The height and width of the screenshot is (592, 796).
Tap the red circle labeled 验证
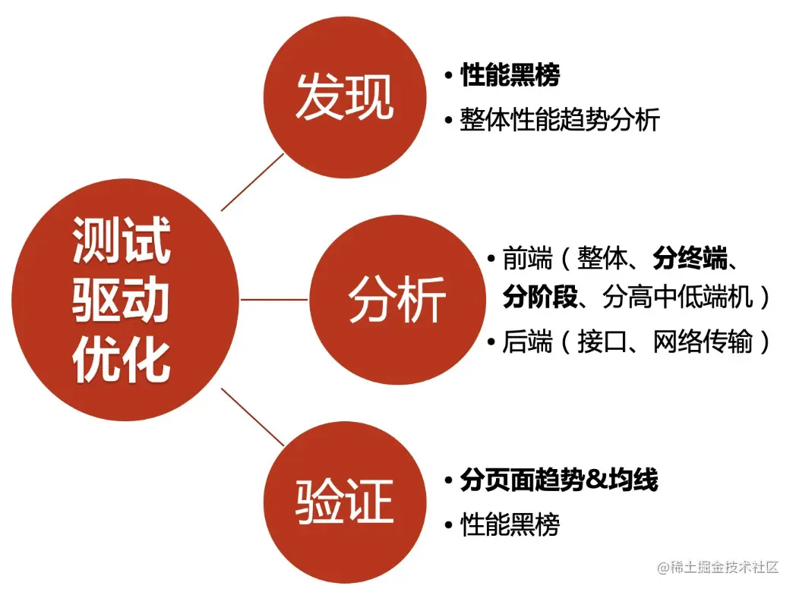point(343,501)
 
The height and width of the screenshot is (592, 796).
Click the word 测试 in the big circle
point(122,241)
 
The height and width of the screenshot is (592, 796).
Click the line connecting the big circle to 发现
point(252,182)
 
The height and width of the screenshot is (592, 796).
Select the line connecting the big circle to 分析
point(274,299)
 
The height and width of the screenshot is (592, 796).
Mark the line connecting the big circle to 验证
point(252,417)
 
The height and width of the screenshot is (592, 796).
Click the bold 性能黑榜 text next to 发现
point(510,76)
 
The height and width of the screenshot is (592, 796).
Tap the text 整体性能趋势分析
point(560,120)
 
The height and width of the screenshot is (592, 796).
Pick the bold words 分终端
point(690,260)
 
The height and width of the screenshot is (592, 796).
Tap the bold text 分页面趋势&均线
point(558,480)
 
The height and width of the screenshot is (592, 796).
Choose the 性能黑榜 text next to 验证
point(510,524)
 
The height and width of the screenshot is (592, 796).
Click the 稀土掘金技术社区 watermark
point(719,567)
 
